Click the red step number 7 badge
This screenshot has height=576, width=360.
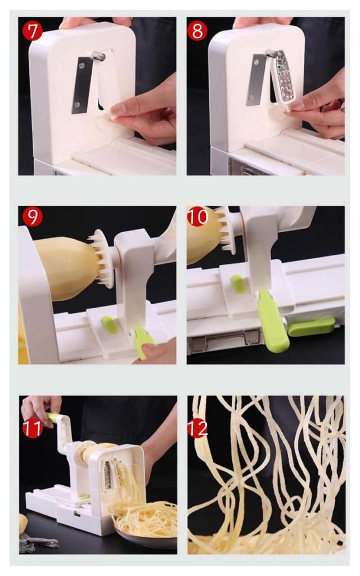[x=33, y=31]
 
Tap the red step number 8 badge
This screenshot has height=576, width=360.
[x=197, y=31]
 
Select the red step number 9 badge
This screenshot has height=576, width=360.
[x=32, y=217]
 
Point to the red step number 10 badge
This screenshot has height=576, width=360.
[x=197, y=217]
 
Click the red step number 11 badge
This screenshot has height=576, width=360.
[x=32, y=428]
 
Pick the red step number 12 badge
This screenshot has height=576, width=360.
[x=197, y=428]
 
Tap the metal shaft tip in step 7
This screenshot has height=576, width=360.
[x=98, y=56]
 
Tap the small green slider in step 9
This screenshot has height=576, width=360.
[x=110, y=325]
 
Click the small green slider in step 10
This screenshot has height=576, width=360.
[x=238, y=285]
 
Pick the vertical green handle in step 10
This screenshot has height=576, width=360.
[x=272, y=321]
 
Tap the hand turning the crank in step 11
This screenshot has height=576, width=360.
[x=40, y=408]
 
